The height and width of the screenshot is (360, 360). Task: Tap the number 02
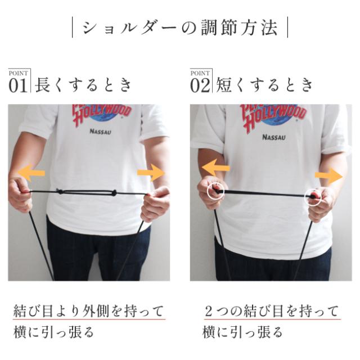pyautogui.click(x=199, y=85)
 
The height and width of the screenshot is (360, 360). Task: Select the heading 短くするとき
pyautogui.click(x=264, y=85)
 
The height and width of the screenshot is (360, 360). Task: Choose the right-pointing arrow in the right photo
pyautogui.click(x=328, y=176)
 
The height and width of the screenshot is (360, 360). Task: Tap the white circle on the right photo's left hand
pyautogui.click(x=216, y=192)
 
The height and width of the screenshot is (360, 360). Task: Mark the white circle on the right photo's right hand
pyautogui.click(x=313, y=197)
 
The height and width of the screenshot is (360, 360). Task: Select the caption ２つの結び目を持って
pyautogui.click(x=272, y=310)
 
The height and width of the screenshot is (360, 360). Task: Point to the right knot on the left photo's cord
pyautogui.click(x=114, y=192)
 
